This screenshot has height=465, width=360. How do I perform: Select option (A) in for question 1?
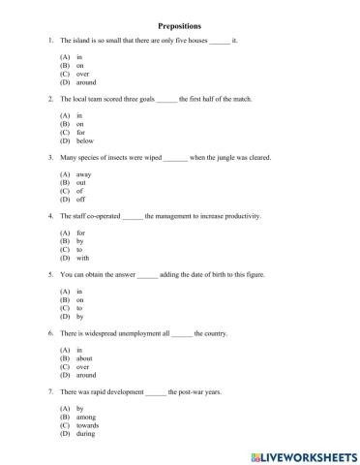[x=79, y=58]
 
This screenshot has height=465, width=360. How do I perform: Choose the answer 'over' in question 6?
[x=82, y=365]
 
